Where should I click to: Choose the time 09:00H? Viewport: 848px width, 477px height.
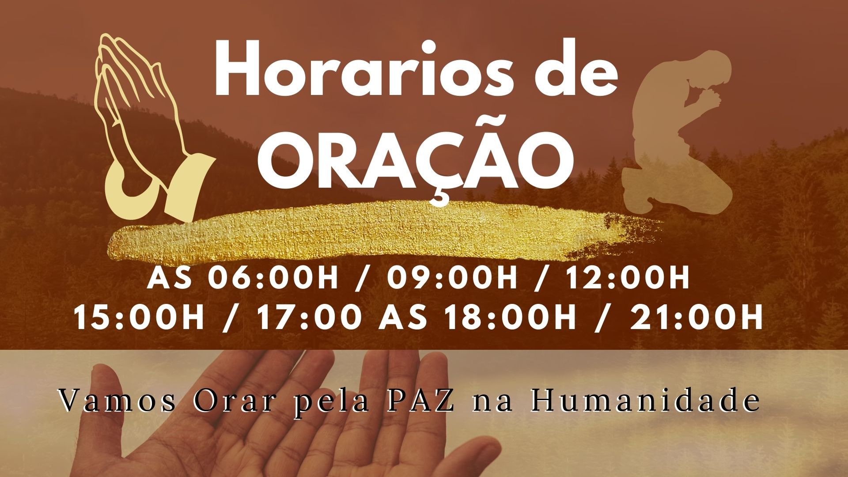(452, 278)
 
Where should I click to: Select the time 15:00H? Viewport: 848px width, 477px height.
(139, 317)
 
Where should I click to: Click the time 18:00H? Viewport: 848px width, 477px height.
(511, 317)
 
